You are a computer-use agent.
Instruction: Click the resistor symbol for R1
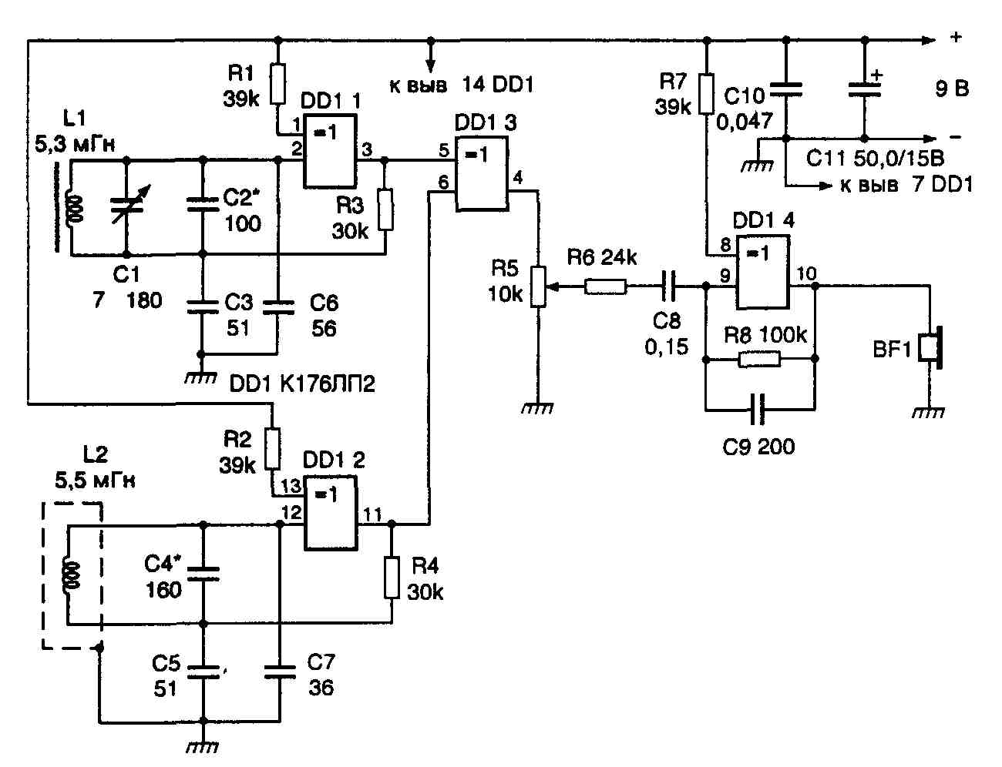(x=277, y=80)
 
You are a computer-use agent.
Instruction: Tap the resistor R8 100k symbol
(x=759, y=359)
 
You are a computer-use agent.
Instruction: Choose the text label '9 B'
(x=952, y=89)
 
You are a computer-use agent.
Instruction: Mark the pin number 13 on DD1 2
(x=292, y=487)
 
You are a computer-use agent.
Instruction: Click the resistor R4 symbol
(x=392, y=578)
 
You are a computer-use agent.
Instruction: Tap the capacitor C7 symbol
(x=279, y=671)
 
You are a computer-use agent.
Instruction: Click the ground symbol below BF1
(x=929, y=413)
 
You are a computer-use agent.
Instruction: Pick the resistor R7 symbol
(x=705, y=94)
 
